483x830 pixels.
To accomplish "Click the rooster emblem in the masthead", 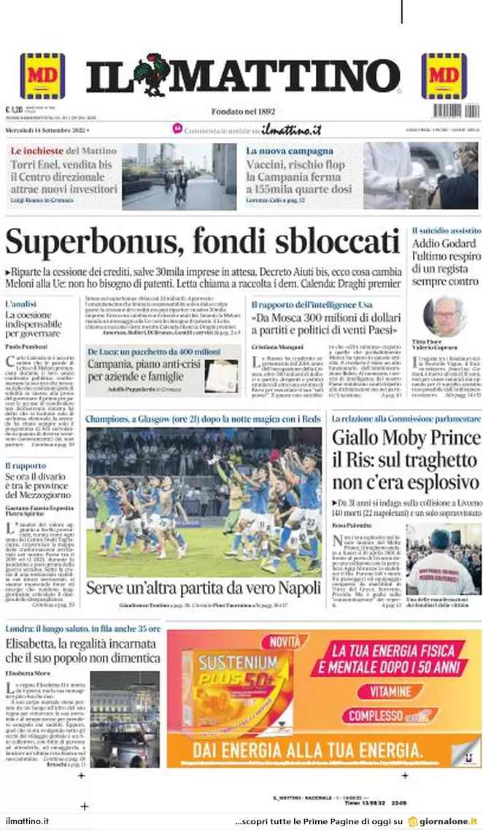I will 151,74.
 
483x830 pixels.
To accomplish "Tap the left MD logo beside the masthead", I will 42,76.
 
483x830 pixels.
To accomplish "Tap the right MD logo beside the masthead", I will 444,76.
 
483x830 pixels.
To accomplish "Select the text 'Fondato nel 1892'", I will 243,112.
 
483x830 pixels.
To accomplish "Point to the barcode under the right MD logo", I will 457,111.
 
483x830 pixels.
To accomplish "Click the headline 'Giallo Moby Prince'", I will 406,438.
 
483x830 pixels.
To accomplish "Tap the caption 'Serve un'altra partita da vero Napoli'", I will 204,588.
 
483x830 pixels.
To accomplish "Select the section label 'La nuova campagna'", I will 290,150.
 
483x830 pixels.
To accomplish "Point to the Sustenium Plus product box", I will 237,693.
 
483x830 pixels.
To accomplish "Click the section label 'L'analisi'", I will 20,303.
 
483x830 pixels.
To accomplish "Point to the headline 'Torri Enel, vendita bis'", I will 61,164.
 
